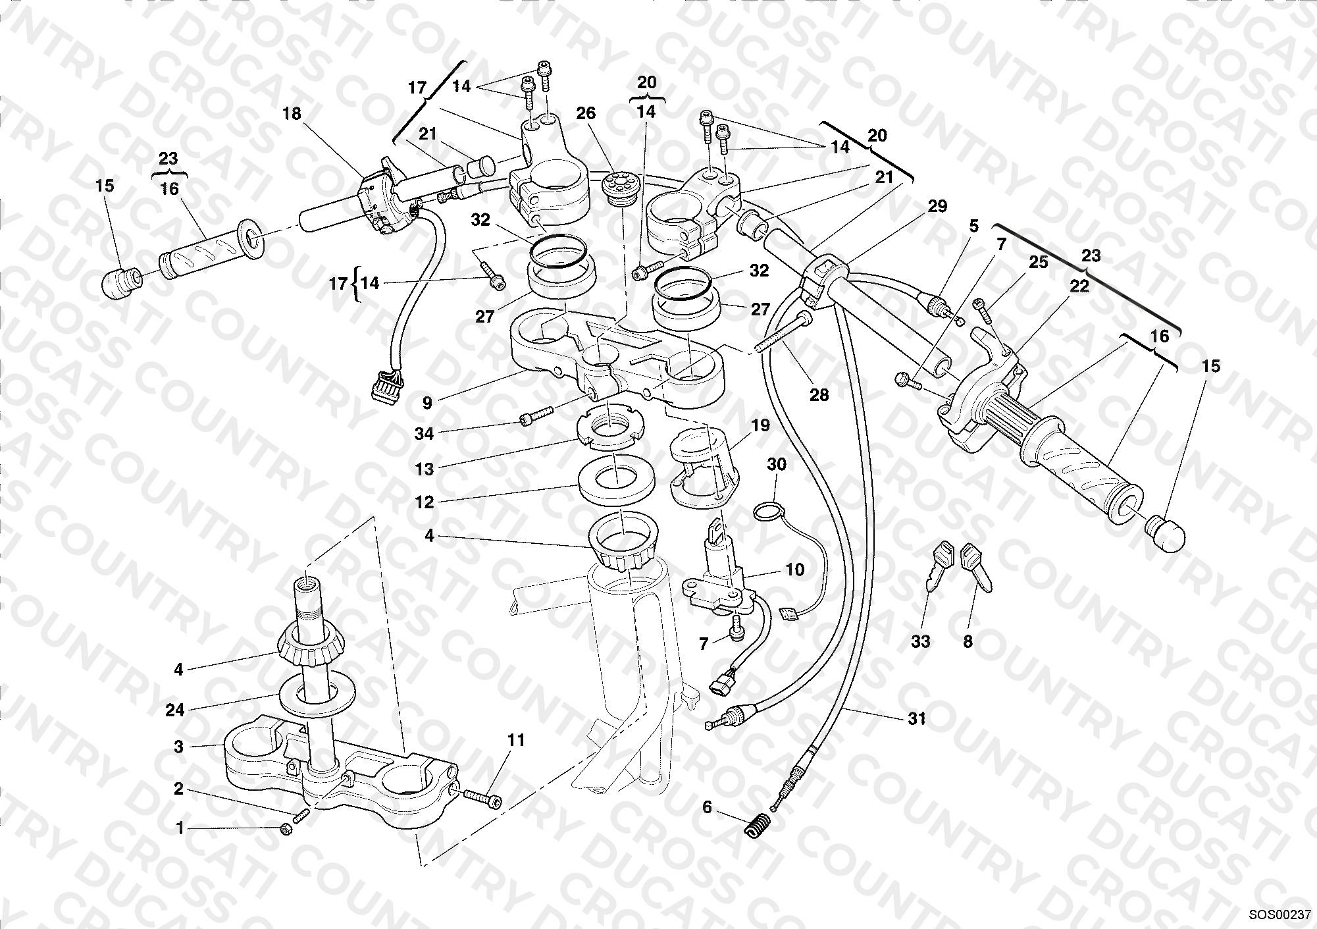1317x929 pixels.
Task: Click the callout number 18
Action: click(x=291, y=114)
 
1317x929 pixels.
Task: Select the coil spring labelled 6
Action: click(x=758, y=824)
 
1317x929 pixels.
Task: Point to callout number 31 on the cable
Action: click(x=916, y=720)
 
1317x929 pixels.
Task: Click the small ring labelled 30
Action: click(x=768, y=510)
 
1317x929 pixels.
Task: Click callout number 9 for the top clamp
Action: click(x=428, y=402)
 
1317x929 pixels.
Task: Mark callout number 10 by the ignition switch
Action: click(x=795, y=570)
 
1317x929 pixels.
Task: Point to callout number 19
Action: click(x=760, y=426)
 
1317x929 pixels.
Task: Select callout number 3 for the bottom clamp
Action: click(x=178, y=747)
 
